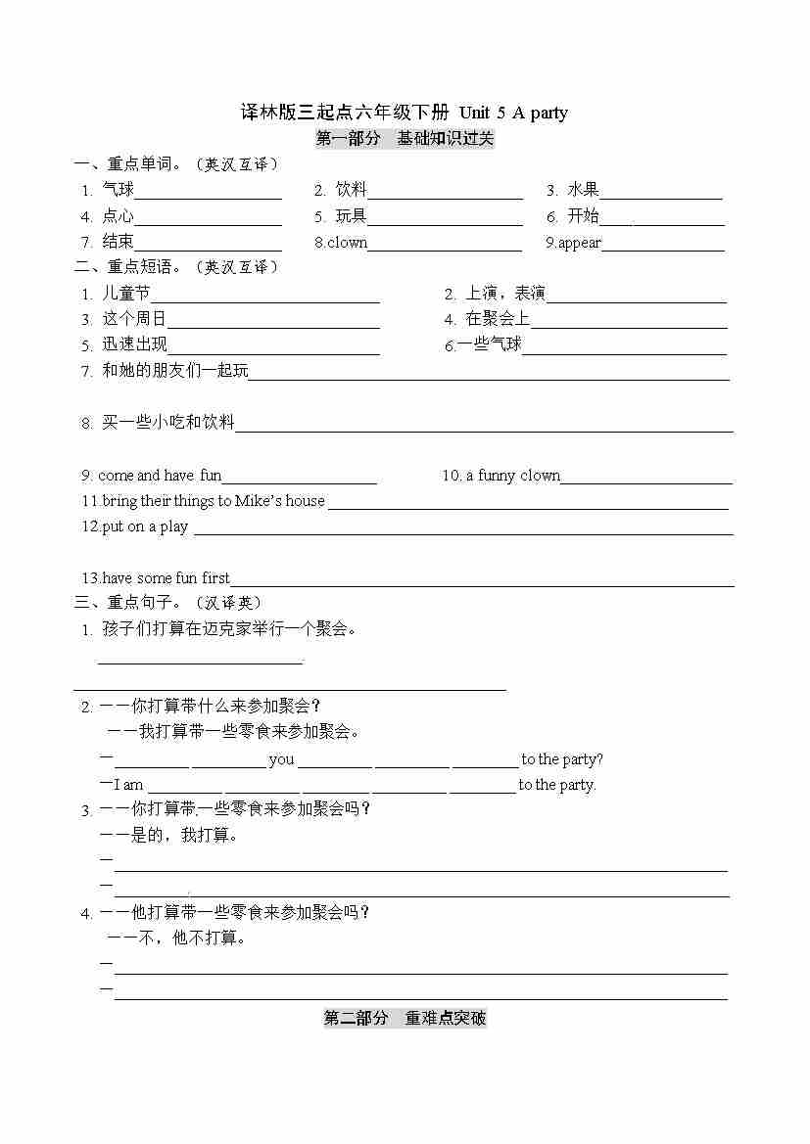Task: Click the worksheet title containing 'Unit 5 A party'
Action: (405, 113)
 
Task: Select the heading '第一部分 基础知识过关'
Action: (405, 139)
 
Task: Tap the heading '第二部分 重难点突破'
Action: (405, 1019)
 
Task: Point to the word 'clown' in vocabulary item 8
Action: (347, 243)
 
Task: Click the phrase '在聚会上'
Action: (498, 319)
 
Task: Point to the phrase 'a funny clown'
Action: (512, 476)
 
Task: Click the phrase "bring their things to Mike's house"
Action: (213, 501)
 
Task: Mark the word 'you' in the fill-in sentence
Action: (281, 759)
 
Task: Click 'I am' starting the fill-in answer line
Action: (128, 785)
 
